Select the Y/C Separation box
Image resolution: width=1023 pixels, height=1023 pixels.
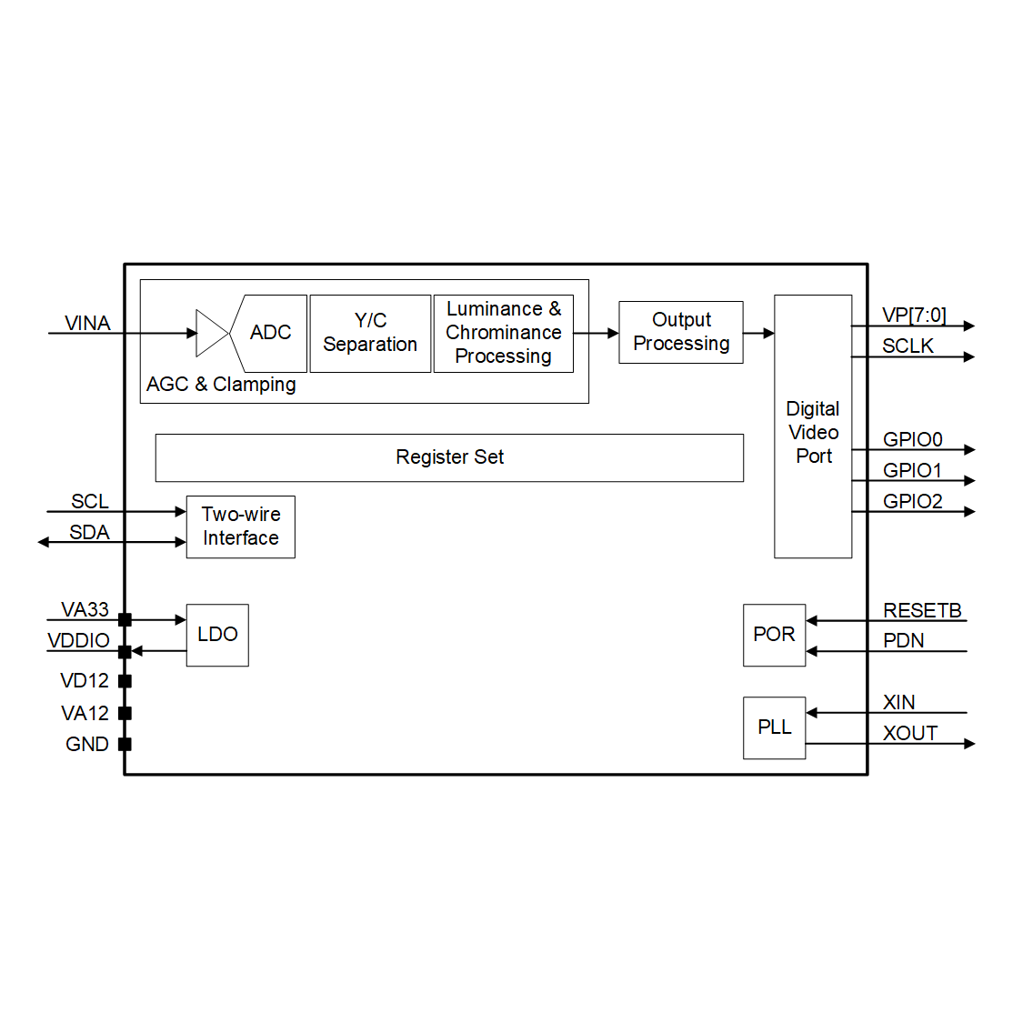371,334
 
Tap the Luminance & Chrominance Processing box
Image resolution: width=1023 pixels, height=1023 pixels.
504,334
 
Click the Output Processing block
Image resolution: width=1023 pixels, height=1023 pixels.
681,332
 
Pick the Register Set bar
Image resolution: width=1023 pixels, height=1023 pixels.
449,458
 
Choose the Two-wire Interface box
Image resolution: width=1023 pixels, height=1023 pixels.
241,527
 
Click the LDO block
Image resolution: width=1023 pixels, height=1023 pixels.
218,635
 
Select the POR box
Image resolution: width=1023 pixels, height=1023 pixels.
775,635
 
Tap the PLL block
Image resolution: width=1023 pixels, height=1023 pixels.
775,727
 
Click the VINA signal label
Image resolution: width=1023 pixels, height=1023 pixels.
87,323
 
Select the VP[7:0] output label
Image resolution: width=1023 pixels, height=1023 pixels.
914,316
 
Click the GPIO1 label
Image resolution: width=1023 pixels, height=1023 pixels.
912,470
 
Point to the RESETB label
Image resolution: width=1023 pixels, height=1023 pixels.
922,611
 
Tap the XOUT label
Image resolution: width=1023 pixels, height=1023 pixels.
910,733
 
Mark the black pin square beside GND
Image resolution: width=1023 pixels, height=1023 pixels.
125,744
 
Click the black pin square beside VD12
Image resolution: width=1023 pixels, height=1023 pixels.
125,681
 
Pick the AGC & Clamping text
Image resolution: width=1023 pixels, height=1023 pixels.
221,385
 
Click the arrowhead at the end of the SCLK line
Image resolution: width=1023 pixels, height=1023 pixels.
969,356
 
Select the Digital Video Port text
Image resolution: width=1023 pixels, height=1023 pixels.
813,432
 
